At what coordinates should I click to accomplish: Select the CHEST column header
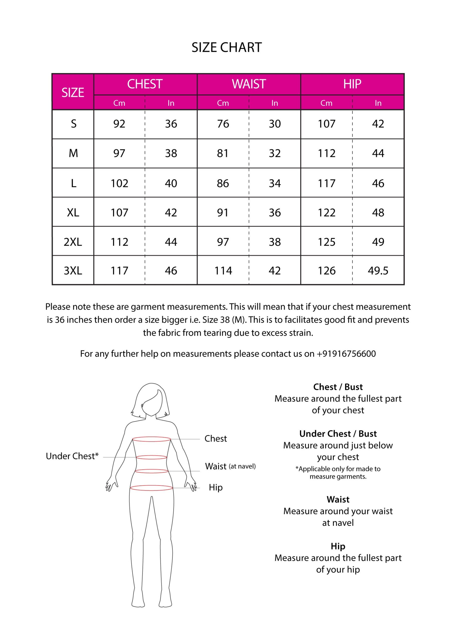point(145,84)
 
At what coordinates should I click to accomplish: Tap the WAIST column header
point(249,84)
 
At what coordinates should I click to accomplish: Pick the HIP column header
point(352,84)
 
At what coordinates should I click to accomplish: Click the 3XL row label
point(73,271)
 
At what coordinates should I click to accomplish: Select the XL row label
point(73,213)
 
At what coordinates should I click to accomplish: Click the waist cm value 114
point(223,271)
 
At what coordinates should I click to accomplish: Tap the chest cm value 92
point(119,124)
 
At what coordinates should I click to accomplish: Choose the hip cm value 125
point(326,242)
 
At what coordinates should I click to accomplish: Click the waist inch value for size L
point(275,184)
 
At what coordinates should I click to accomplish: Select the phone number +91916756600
point(346,354)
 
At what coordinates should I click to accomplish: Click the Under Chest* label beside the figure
point(72,456)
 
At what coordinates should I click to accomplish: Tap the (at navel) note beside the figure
point(242,466)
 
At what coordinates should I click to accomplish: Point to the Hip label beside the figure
point(216,487)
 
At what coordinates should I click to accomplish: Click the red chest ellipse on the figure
point(152,439)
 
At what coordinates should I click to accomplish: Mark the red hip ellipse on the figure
point(151,488)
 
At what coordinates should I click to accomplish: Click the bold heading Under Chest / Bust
point(338,434)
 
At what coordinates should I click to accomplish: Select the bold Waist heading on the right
point(338,499)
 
